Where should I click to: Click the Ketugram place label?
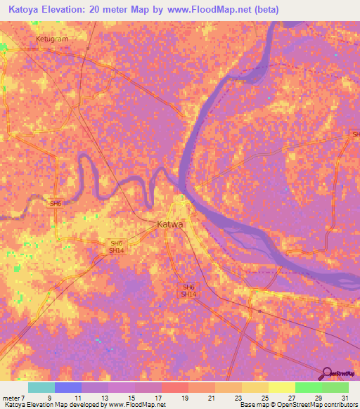click(x=52, y=39)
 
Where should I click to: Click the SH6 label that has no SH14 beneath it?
click(x=56, y=203)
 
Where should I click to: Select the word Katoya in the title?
click(x=27, y=10)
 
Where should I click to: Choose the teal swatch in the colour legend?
click(x=41, y=387)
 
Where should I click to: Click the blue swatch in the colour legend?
click(x=68, y=387)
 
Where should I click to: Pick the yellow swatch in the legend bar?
click(x=281, y=387)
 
